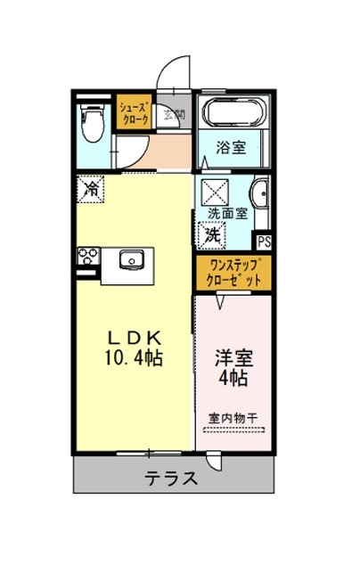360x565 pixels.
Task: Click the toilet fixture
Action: tap(93, 122)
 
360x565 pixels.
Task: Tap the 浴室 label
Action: tap(231, 148)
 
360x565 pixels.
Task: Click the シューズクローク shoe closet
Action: tap(134, 112)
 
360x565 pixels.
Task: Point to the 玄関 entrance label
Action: tap(174, 115)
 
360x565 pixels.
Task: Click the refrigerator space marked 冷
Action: tap(91, 189)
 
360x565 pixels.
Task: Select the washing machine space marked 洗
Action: tap(212, 235)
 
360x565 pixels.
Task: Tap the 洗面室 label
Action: tap(228, 213)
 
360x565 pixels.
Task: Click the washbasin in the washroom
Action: tap(260, 194)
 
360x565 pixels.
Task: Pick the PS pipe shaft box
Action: tap(264, 242)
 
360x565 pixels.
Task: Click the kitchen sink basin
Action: tap(131, 259)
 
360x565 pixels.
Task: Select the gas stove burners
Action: tap(88, 255)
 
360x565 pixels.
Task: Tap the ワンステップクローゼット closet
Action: tap(233, 273)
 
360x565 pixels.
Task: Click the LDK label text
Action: tap(134, 338)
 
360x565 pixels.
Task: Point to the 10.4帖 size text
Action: tap(134, 358)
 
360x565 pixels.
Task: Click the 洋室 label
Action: tap(233, 358)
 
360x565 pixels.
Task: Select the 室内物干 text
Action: tap(233, 418)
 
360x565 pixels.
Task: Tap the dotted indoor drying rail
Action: tap(233, 430)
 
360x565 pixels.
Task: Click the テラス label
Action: tap(171, 479)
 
